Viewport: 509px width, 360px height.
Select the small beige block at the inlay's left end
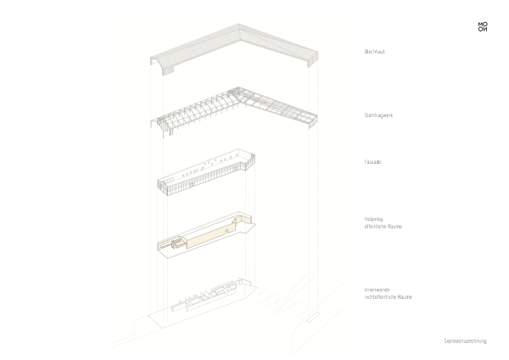179,243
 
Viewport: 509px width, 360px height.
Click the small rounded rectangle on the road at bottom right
309,318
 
